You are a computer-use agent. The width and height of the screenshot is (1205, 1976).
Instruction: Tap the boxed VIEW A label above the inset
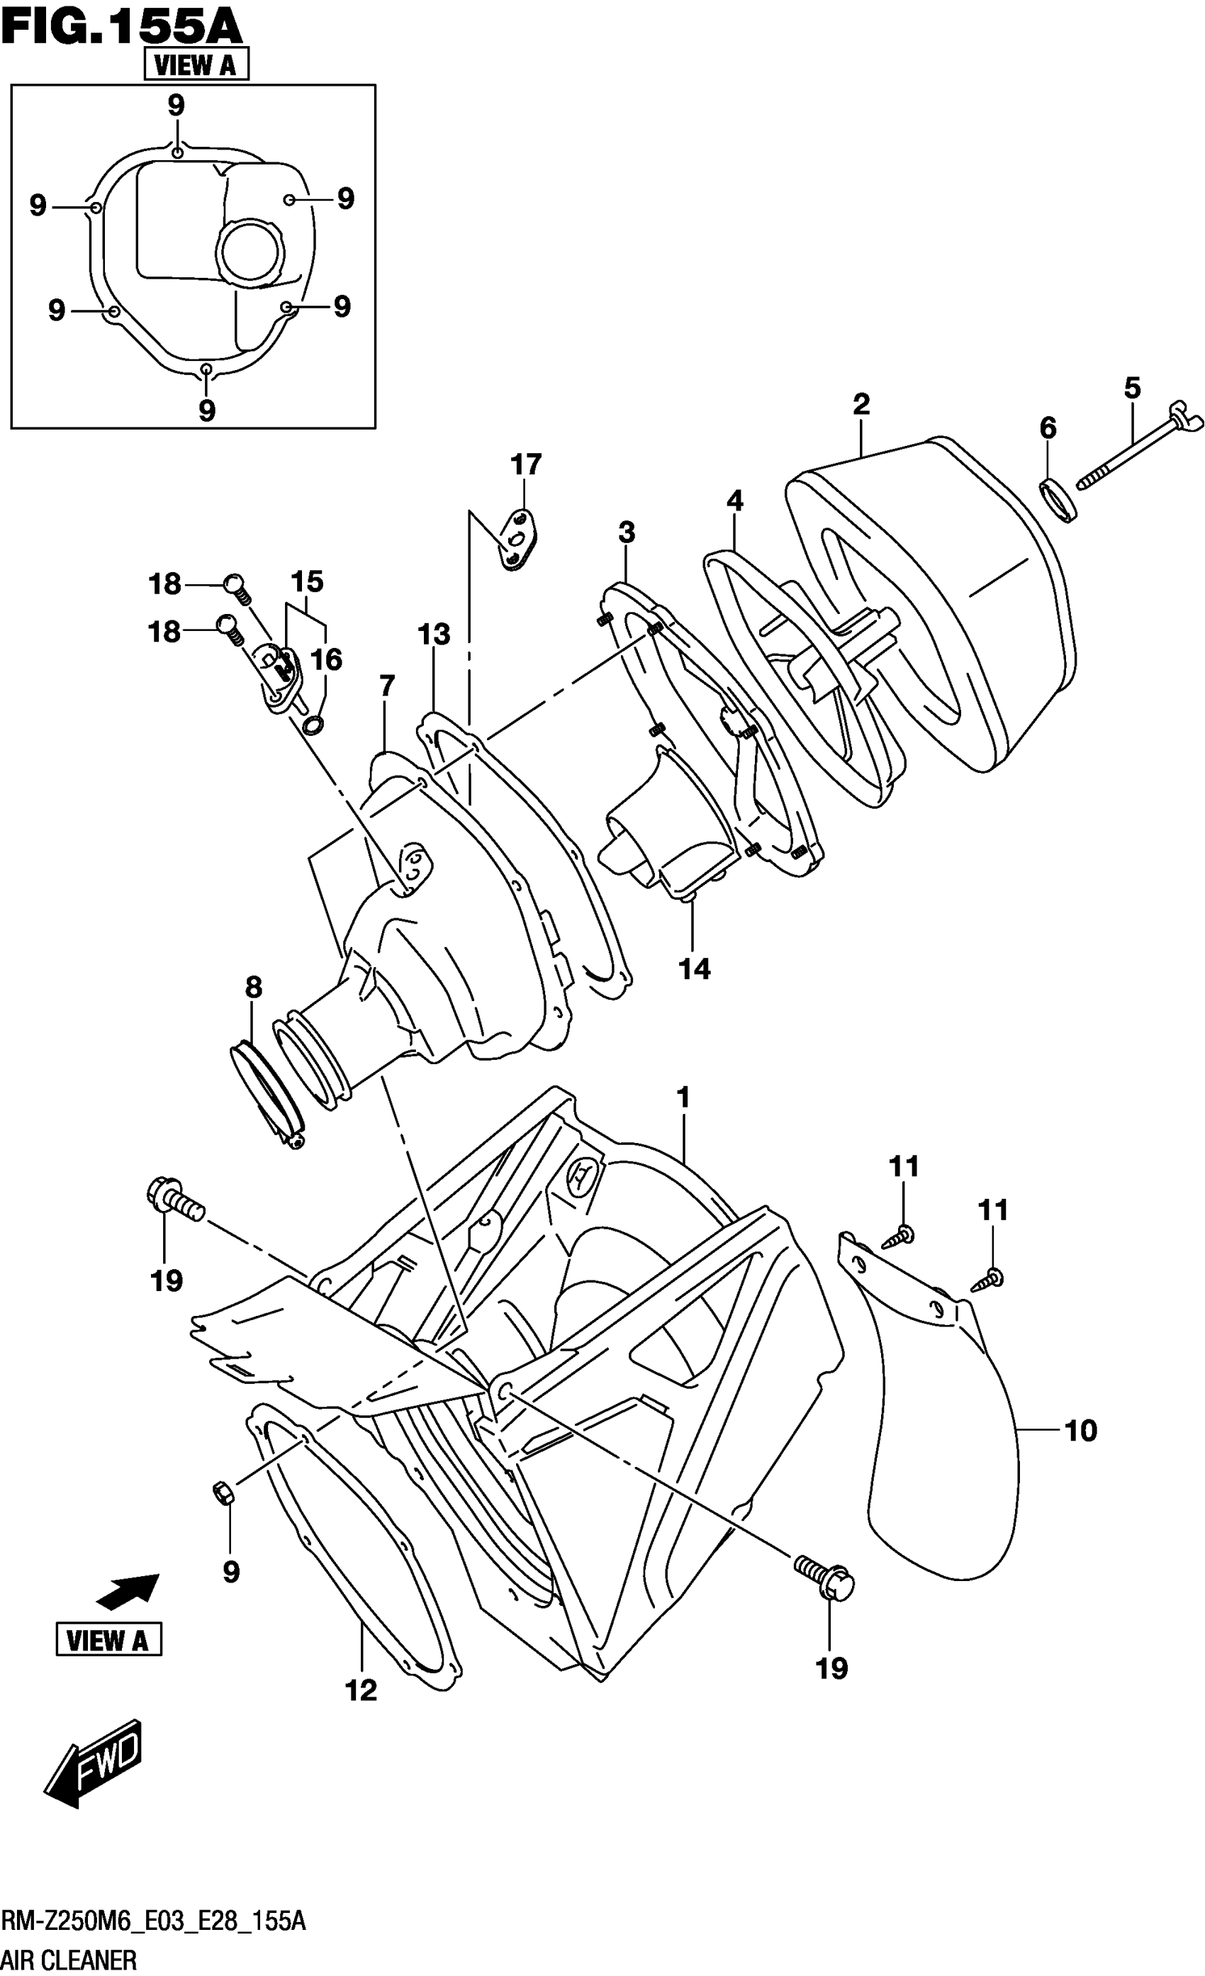[x=196, y=64]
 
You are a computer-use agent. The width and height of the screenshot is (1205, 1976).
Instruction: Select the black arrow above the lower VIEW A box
[x=128, y=1590]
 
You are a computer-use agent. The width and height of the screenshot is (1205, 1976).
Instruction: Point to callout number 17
[x=526, y=464]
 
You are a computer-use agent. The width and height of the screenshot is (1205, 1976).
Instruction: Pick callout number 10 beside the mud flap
[x=1080, y=1430]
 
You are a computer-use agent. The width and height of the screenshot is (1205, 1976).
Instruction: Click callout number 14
[x=695, y=969]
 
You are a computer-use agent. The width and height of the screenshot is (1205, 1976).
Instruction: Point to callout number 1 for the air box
[x=683, y=1096]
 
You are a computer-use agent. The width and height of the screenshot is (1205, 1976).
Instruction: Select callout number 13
[x=434, y=635]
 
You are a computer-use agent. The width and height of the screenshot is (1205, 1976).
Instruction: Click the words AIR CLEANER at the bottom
[x=69, y=1960]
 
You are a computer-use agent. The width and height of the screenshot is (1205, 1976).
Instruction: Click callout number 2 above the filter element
[x=861, y=403]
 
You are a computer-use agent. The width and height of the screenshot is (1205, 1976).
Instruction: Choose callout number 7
[x=386, y=686]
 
